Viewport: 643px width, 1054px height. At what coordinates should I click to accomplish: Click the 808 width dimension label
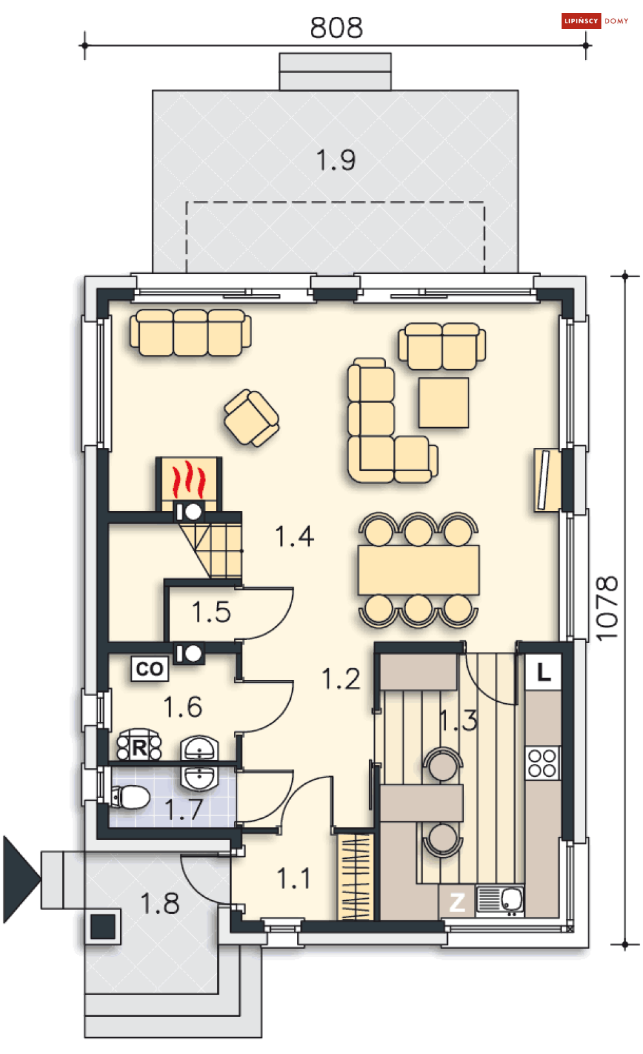336,28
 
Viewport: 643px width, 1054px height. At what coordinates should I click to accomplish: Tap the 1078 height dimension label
607,608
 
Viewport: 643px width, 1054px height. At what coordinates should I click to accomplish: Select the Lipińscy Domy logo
595,21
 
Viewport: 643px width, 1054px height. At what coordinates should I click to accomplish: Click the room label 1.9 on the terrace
336,160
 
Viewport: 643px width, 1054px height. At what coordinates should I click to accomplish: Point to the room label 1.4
295,537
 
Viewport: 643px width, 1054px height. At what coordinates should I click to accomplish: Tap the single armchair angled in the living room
251,418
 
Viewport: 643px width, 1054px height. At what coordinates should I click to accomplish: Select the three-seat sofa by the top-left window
190,333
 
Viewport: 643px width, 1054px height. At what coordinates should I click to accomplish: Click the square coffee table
443,403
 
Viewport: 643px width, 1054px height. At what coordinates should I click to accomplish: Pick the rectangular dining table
419,570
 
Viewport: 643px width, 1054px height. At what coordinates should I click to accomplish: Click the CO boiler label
150,669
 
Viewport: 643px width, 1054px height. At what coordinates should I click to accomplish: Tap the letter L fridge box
543,673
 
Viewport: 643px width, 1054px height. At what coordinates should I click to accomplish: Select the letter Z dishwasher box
457,902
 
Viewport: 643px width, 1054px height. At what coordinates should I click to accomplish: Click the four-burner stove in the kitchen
542,763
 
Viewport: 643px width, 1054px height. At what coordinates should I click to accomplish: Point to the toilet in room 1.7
131,797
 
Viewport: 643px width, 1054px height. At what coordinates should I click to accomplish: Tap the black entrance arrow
21,879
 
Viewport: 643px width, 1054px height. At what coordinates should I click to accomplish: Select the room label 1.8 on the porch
160,903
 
